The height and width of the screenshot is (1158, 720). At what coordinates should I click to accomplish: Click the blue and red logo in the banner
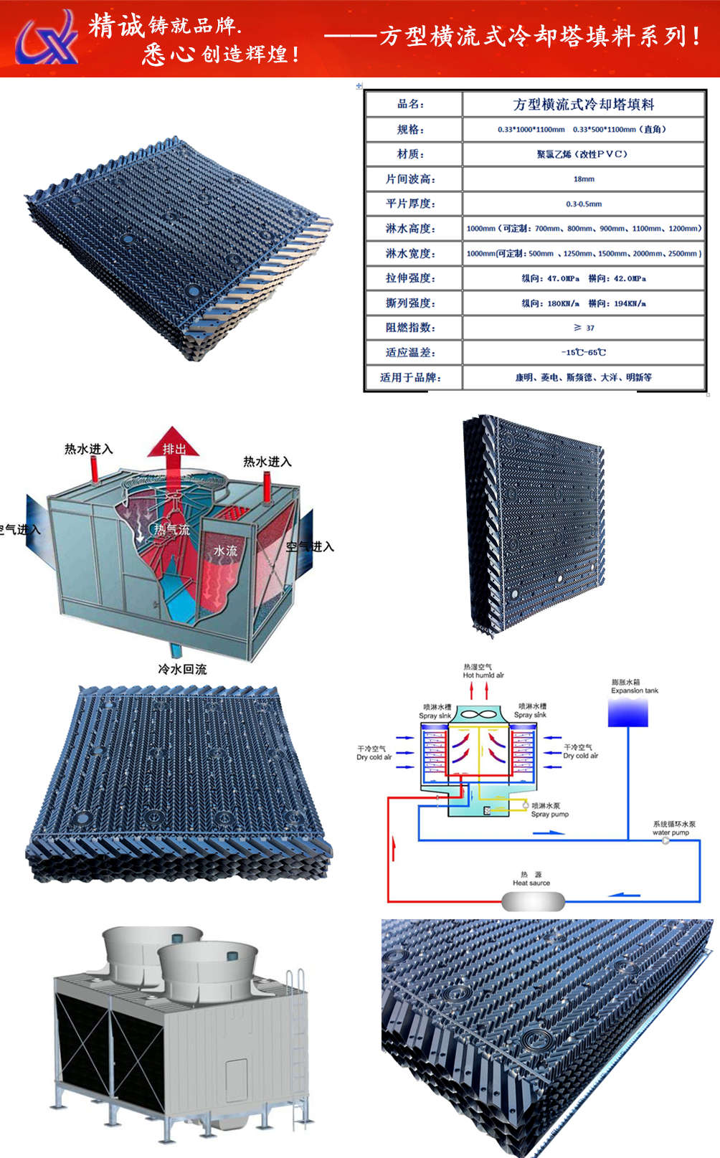(47, 38)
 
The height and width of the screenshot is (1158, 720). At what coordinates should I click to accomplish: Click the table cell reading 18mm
(584, 179)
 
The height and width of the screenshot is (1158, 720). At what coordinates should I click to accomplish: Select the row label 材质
(412, 154)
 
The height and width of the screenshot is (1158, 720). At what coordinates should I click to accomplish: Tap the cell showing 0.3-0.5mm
(584, 204)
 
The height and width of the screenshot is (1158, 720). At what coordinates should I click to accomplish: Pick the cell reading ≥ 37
(584, 328)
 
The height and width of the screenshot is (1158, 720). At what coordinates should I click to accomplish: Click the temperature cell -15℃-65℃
(584, 353)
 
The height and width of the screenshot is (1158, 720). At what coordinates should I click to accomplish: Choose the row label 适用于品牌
(412, 377)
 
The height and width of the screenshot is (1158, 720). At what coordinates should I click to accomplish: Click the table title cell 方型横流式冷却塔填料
(584, 105)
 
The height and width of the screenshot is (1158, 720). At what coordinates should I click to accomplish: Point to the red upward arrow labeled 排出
(173, 448)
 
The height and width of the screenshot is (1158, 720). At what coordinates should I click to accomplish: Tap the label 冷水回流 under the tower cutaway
(182, 669)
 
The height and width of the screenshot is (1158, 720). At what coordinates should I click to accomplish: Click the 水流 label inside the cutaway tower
(225, 551)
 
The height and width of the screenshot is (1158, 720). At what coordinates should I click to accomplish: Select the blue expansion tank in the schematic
(628, 713)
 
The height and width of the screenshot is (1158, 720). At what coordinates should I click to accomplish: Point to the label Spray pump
(550, 815)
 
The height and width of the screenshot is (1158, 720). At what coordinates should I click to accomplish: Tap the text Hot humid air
(483, 675)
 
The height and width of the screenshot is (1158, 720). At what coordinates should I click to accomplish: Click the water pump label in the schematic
(671, 832)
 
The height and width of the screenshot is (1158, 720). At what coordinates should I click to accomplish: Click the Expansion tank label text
(634, 690)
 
